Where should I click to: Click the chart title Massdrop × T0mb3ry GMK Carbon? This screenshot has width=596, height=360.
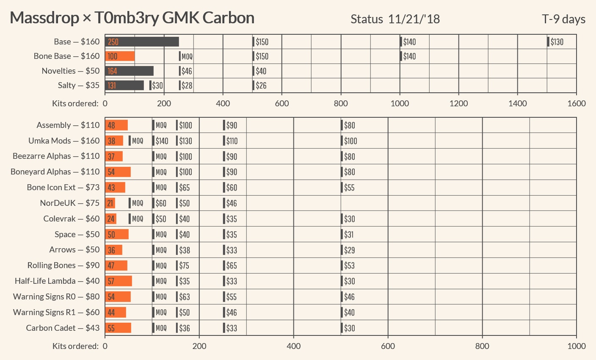pyautogui.click(x=132, y=18)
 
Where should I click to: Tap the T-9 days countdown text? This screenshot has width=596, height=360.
pyautogui.click(x=563, y=19)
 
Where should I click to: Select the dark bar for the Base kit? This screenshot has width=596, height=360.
pyautogui.click(x=142, y=42)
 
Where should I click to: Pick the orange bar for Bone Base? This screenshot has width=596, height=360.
pyautogui.click(x=120, y=56)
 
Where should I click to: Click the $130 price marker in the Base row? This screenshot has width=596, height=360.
pyautogui.click(x=556, y=42)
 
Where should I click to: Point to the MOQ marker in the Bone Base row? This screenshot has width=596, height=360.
pyautogui.click(x=186, y=56)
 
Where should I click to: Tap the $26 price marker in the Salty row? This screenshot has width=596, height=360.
pyautogui.click(x=260, y=85)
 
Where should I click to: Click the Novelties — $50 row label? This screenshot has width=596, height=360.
pyautogui.click(x=71, y=71)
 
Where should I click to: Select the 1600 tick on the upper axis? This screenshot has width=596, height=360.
pyautogui.click(x=576, y=103)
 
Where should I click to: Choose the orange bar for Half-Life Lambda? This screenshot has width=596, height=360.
pyautogui.click(x=119, y=281)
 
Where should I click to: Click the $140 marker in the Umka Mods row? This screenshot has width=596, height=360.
pyautogui.click(x=161, y=141)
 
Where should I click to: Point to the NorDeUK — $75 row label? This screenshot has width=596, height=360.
pyautogui.click(x=70, y=203)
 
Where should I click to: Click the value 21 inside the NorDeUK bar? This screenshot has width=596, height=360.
pyautogui.click(x=110, y=203)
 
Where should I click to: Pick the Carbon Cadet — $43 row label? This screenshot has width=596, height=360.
pyautogui.click(x=63, y=328)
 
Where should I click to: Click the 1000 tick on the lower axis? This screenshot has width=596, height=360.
pyautogui.click(x=576, y=346)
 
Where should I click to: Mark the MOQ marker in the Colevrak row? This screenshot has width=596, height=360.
pyautogui.click(x=136, y=219)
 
